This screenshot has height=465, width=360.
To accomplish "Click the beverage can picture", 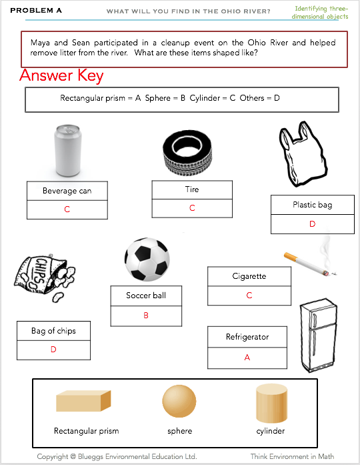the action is pos(67,151).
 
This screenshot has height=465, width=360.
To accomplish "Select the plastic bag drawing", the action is pos(303,154).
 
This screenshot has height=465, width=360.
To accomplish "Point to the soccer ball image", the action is pos(147,260).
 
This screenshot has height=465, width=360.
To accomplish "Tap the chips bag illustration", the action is pos(45,278).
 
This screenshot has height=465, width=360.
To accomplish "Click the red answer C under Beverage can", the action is pos(67,209).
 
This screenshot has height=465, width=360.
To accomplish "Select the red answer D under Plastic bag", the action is pos(312,224).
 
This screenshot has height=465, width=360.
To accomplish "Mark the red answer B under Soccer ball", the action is pos(146,316).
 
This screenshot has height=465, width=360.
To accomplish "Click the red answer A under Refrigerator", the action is pos(247,358).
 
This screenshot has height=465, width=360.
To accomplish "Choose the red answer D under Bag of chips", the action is pos(53,350).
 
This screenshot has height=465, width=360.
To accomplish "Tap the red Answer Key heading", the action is pos(61,75).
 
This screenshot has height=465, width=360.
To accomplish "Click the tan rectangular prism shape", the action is pos(83,401).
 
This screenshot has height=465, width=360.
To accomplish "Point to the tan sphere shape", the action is pos(179,401).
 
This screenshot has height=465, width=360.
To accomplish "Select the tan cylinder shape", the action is pos(272,404).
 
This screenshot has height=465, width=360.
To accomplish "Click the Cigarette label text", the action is pos(249,276).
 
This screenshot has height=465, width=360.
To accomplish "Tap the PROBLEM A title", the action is pos(36,11).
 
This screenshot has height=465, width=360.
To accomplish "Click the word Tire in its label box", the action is pos(192,189).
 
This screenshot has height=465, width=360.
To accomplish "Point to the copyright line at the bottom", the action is pos(117,456).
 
